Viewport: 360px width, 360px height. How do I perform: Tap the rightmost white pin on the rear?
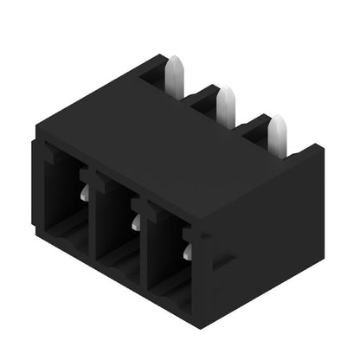click(277, 133)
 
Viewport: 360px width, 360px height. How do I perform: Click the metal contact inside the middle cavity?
click(135, 223)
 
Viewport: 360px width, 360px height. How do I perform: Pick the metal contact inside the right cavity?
click(187, 252)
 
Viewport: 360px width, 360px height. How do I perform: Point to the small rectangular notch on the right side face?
click(223, 260)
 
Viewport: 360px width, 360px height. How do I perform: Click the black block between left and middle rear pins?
click(203, 101)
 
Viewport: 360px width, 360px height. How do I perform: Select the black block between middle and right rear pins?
click(253, 130)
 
